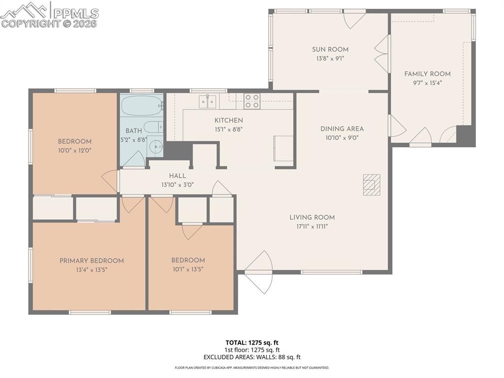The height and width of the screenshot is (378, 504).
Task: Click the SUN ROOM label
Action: (x=330, y=49)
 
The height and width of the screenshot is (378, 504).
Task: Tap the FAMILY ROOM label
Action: (x=427, y=74)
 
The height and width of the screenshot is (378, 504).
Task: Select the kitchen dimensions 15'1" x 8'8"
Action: (x=228, y=130)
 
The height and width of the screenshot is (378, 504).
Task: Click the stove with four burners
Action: (x=252, y=101)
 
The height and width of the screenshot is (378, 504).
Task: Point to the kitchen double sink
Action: (x=208, y=102)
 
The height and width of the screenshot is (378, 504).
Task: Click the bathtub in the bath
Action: (x=141, y=105)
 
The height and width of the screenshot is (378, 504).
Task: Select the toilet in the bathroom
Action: (x=153, y=126)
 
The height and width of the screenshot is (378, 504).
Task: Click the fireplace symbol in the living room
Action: (x=372, y=185)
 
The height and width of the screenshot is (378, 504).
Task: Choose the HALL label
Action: (x=177, y=176)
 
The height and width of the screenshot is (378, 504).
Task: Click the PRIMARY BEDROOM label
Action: (x=92, y=261)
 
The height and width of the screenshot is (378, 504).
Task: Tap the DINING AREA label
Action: (x=342, y=129)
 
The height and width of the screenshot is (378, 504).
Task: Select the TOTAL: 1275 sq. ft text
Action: (x=252, y=343)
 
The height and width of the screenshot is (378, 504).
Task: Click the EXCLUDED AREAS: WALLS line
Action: (x=252, y=357)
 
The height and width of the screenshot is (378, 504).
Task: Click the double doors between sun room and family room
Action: (x=382, y=54)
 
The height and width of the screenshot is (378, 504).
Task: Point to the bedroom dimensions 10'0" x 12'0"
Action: (x=75, y=150)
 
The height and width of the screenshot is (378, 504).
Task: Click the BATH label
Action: (x=133, y=131)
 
